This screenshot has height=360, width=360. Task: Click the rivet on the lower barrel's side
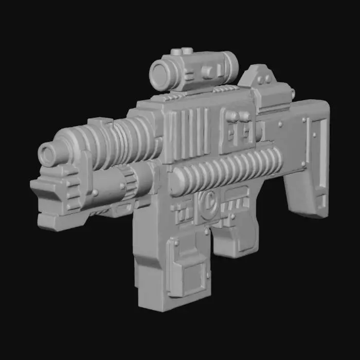pyautogui.click(x=96, y=193)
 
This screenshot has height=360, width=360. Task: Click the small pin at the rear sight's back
pyautogui.click(x=292, y=93)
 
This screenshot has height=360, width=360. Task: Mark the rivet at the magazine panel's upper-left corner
pyautogui.click(x=176, y=242)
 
